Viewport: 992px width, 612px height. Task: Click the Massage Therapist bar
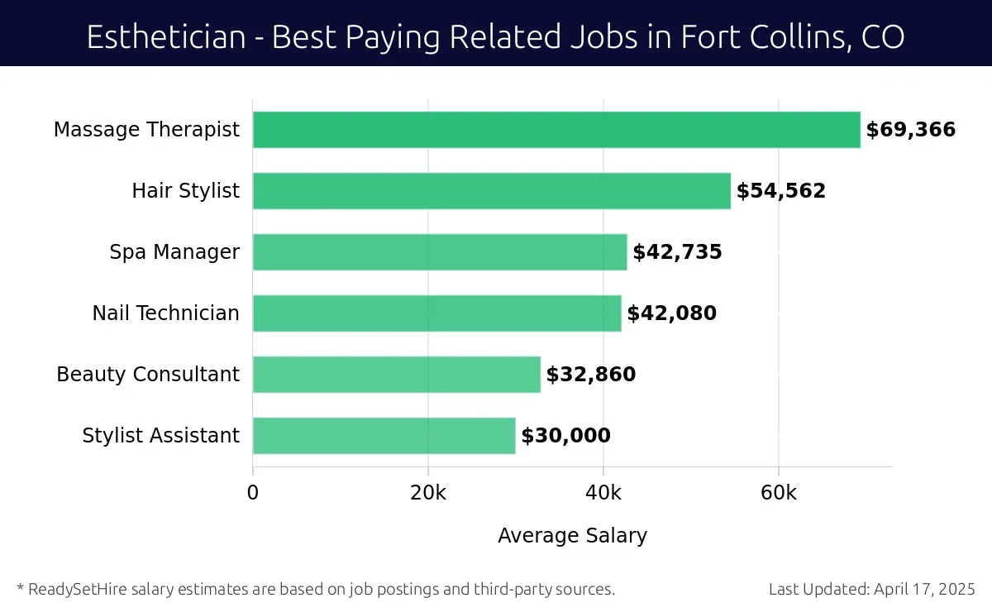[x=556, y=130]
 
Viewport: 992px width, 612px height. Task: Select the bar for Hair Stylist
[x=492, y=191]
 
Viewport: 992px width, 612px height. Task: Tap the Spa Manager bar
[x=440, y=252]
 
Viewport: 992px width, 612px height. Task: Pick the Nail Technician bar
[x=436, y=313]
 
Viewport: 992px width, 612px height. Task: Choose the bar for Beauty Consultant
[x=396, y=375]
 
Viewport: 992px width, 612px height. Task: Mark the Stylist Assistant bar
[x=384, y=436]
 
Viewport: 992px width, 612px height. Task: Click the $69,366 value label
[x=910, y=130]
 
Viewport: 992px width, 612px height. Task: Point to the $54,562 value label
[x=780, y=191]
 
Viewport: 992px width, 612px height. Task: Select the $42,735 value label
[x=677, y=252]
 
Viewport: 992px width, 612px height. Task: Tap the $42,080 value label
[x=671, y=313]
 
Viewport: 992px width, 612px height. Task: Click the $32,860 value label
[x=590, y=375]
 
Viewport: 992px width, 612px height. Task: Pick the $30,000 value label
[x=565, y=436]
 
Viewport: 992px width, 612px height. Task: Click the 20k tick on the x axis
[x=428, y=493]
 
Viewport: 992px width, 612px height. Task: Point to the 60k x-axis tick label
[x=779, y=493]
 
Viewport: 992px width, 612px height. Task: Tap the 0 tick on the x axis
[x=253, y=493]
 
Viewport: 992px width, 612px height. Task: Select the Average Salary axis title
[x=572, y=536]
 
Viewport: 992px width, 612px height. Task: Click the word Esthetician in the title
[x=165, y=37]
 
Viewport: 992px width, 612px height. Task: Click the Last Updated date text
[x=871, y=590]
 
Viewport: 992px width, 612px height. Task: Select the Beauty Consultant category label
[x=148, y=375]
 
